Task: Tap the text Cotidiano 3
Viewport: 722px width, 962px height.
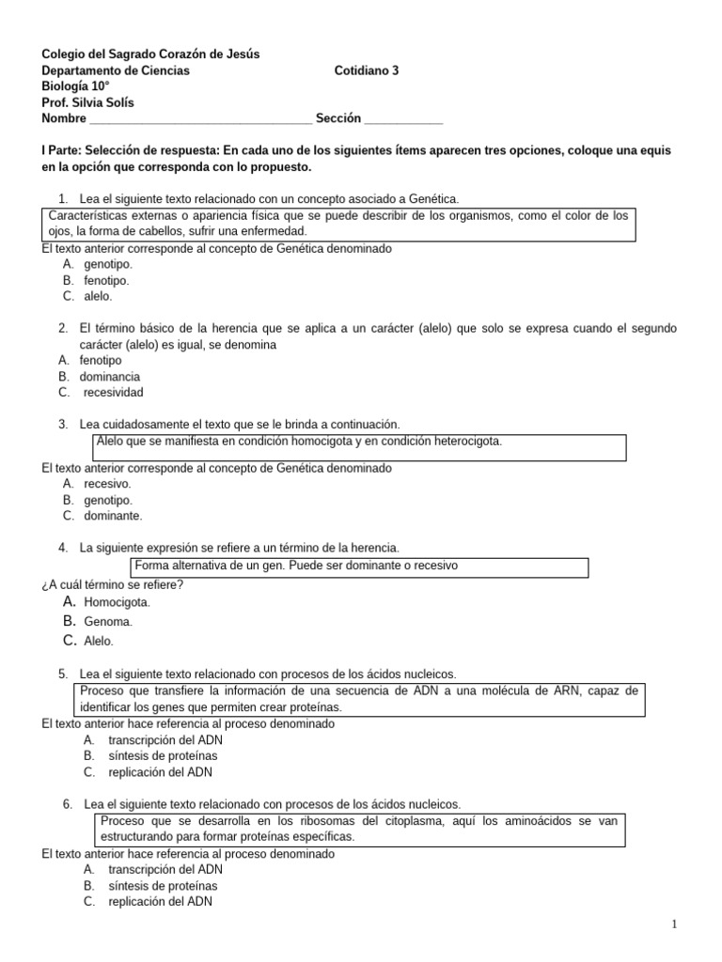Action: [367, 70]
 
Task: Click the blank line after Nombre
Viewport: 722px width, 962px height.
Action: [200, 120]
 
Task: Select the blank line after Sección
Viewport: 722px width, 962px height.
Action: [402, 120]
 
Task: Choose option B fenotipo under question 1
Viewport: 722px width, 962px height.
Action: [106, 280]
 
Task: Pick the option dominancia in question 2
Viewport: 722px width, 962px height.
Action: [110, 377]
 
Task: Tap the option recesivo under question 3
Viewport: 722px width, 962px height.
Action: [107, 484]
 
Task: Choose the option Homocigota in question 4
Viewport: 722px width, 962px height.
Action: [117, 602]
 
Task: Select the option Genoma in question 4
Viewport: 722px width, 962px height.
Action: [108, 622]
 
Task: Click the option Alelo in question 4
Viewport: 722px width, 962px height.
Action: [99, 642]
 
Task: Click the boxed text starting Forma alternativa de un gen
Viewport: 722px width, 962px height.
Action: [296, 566]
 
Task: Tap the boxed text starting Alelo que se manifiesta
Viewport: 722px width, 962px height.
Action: [300, 442]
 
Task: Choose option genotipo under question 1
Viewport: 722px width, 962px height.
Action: [107, 265]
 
